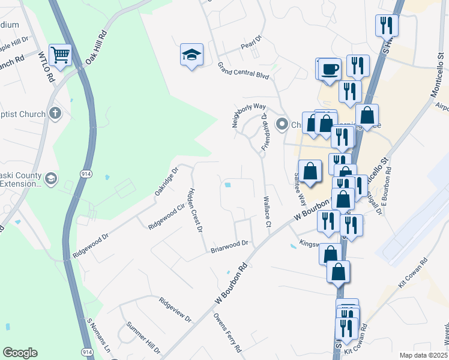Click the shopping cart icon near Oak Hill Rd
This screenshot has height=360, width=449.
tap(60, 55)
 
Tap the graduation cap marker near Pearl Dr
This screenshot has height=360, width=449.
tap(191, 55)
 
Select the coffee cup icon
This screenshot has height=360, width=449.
tap(330, 68)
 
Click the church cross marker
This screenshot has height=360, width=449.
tap(55, 113)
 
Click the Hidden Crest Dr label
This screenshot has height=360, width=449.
tap(196, 209)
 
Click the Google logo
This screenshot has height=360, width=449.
tap(20, 353)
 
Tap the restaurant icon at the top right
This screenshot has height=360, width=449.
tap(387, 25)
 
